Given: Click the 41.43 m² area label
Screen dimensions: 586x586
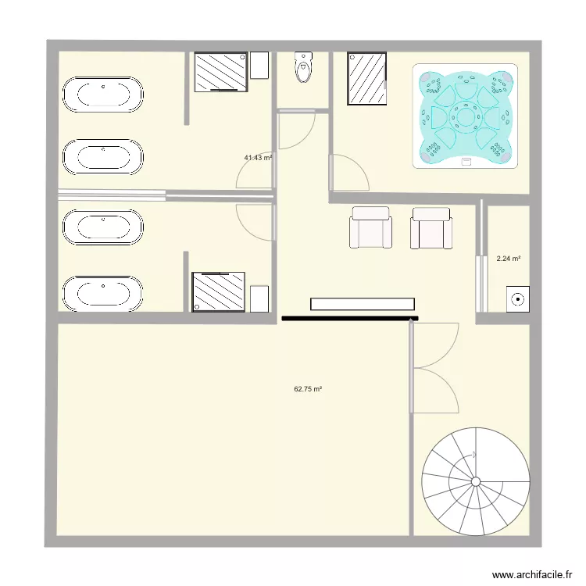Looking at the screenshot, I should point(257,158).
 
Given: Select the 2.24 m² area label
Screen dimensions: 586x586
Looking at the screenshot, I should point(509,259).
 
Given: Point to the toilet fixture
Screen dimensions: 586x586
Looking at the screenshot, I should point(302,68).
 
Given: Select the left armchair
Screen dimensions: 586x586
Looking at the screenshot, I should point(370,227).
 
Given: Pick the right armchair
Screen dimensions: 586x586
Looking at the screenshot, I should point(431,227).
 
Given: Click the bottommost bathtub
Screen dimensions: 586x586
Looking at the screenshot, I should point(102,295).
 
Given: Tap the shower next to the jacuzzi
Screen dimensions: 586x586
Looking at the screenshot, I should point(366,78).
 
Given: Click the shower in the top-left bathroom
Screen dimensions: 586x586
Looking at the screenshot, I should point(220,72).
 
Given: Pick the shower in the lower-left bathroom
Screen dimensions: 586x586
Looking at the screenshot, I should point(219,291).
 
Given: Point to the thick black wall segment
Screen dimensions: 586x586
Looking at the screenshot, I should point(350,318).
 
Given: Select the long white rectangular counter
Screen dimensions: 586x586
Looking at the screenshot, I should point(362,304).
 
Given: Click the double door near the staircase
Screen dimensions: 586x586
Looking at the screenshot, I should point(434,367).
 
